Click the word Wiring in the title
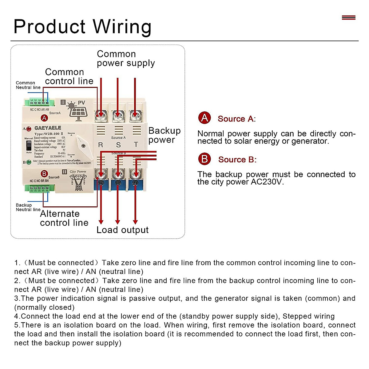pyautogui.click(x=122, y=27)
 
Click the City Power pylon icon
pyautogui.click(x=78, y=183)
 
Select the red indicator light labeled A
pyautogui.click(x=29, y=129)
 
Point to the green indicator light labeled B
pyautogui.click(x=29, y=162)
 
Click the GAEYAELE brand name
pyautogui.click(x=48, y=128)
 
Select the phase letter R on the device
pyautogui.click(x=101, y=145)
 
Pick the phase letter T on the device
pyautogui.click(x=136, y=145)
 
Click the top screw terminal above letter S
pyautogui.click(x=118, y=116)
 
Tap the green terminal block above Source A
pyautogui.click(x=39, y=102)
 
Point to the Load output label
pyautogui.click(x=122, y=230)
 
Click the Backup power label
pyautogui.click(x=164, y=135)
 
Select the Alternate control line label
pyautogui.click(x=64, y=218)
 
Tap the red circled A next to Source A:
pyautogui.click(x=204, y=118)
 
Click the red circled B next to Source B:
pyautogui.click(x=204, y=159)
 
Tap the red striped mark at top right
pyautogui.click(x=348, y=18)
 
